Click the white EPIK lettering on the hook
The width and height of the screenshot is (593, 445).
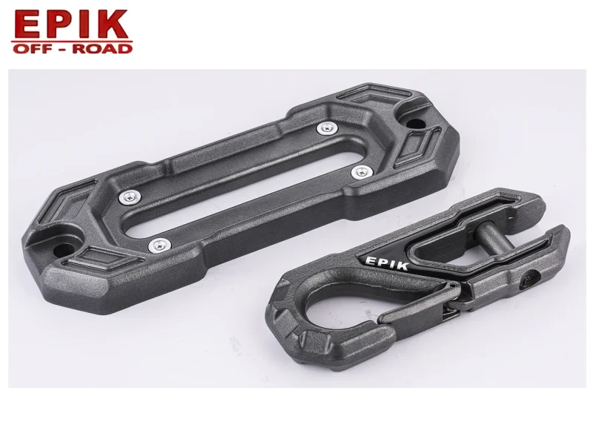[386, 263]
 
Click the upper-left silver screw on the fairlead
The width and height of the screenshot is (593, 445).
[130, 197]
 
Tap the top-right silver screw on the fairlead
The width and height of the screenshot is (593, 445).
[327, 128]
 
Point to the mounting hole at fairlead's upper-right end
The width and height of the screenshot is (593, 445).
[414, 123]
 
